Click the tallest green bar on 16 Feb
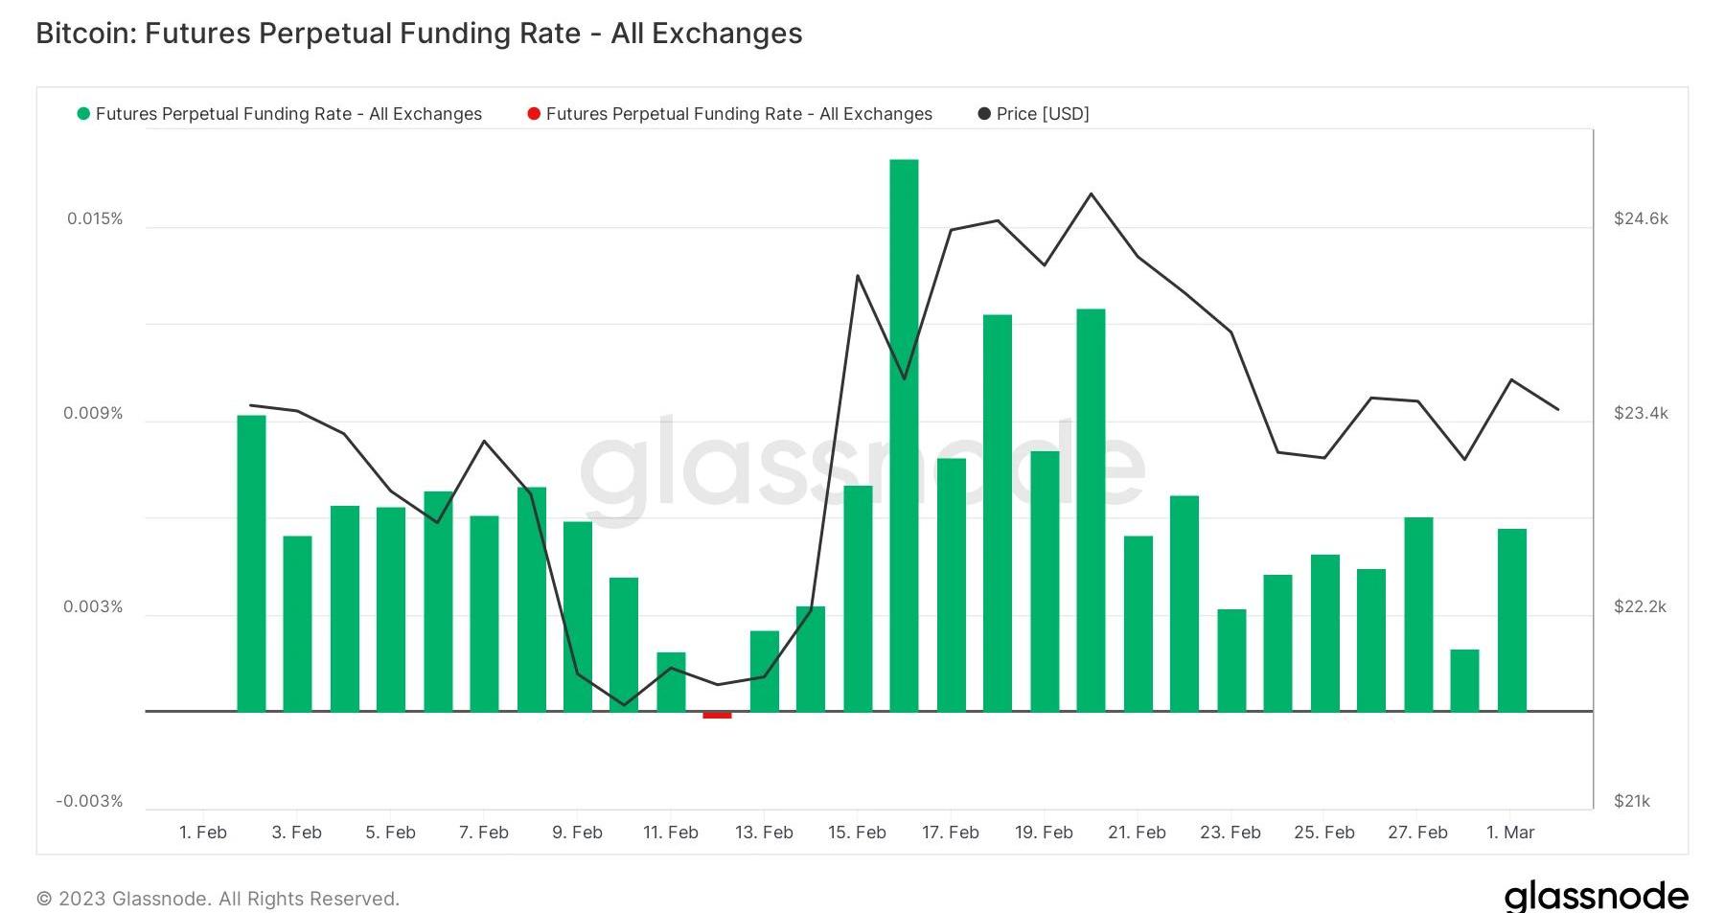[904, 435]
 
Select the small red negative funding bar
[717, 715]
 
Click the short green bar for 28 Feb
[1464, 680]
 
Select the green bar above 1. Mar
[1511, 620]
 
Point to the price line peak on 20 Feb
[1091, 194]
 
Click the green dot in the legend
[83, 114]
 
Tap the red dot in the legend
[534, 114]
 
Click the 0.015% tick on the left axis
[95, 219]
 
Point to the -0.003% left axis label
[89, 801]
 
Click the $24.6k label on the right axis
[1641, 219]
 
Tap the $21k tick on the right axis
[1632, 801]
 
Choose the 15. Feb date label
[857, 833]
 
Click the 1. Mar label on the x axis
[1510, 833]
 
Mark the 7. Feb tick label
[483, 833]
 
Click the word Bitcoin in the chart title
[85, 34]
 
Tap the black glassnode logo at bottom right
[1596, 896]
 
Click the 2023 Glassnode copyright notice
[218, 899]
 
